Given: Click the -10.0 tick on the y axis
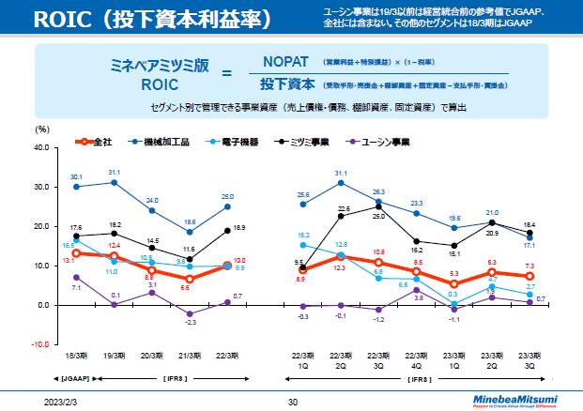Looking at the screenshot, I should click(38, 344).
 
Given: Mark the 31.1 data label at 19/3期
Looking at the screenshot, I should click(115, 173).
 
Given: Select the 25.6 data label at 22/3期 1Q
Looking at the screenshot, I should click(302, 195).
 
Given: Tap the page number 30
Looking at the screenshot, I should click(292, 402).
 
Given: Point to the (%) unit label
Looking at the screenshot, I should click(41, 129).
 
